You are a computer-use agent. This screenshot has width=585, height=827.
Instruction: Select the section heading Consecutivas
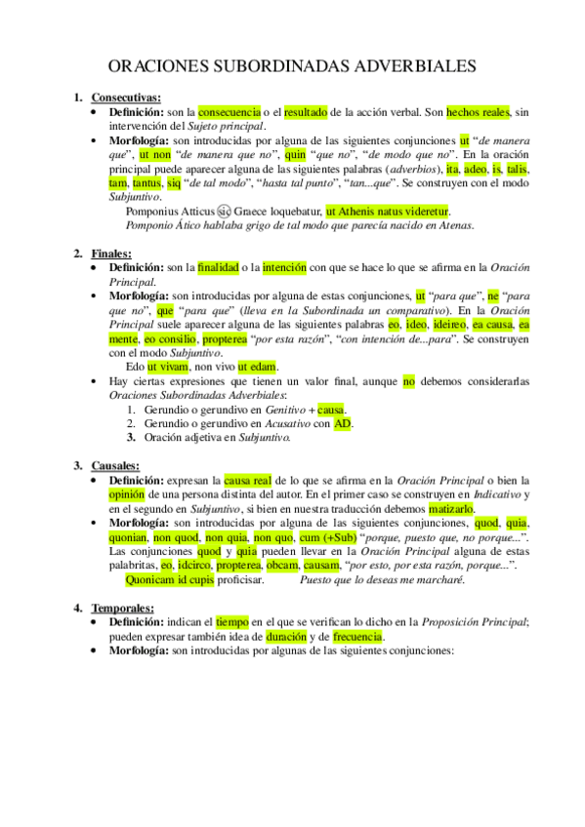click(x=126, y=98)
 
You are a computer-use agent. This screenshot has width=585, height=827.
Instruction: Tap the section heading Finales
click(x=111, y=254)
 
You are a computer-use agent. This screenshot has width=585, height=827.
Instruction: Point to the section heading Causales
click(x=114, y=465)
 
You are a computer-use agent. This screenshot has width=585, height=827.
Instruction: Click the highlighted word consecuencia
click(x=230, y=111)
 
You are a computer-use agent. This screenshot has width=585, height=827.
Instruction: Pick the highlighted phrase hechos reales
click(x=479, y=111)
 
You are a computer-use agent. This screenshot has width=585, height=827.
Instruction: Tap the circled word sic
click(x=224, y=210)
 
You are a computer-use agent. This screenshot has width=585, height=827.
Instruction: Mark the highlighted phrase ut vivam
click(x=168, y=366)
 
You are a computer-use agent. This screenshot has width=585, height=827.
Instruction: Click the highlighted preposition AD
click(x=343, y=423)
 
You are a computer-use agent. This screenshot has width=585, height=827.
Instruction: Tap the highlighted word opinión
click(x=128, y=493)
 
